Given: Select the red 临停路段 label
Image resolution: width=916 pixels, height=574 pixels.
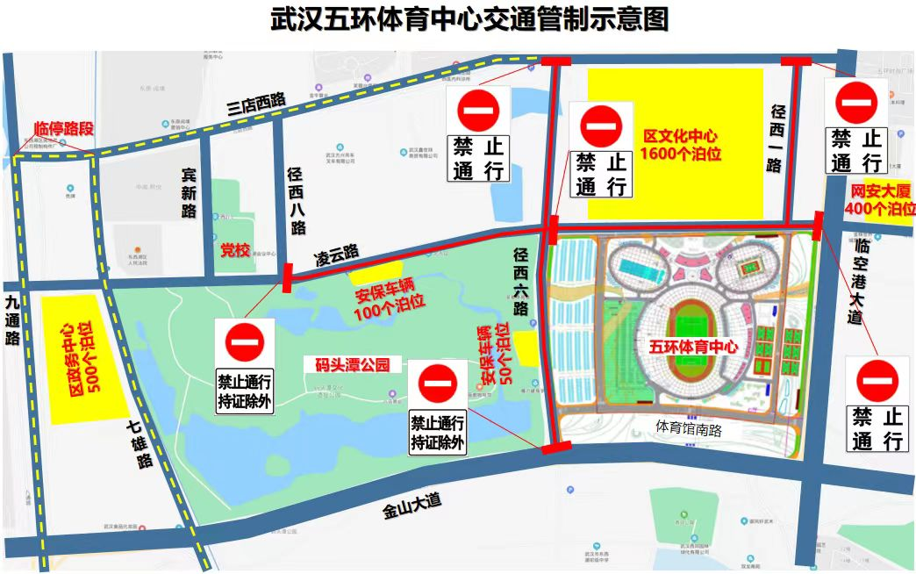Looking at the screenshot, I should click(x=63, y=129).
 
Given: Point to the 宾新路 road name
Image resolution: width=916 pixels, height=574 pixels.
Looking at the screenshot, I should click(x=189, y=193).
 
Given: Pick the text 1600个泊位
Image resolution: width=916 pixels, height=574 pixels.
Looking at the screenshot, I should click(x=680, y=154).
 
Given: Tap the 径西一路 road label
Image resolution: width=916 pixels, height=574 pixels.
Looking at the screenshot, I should click(x=775, y=138).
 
